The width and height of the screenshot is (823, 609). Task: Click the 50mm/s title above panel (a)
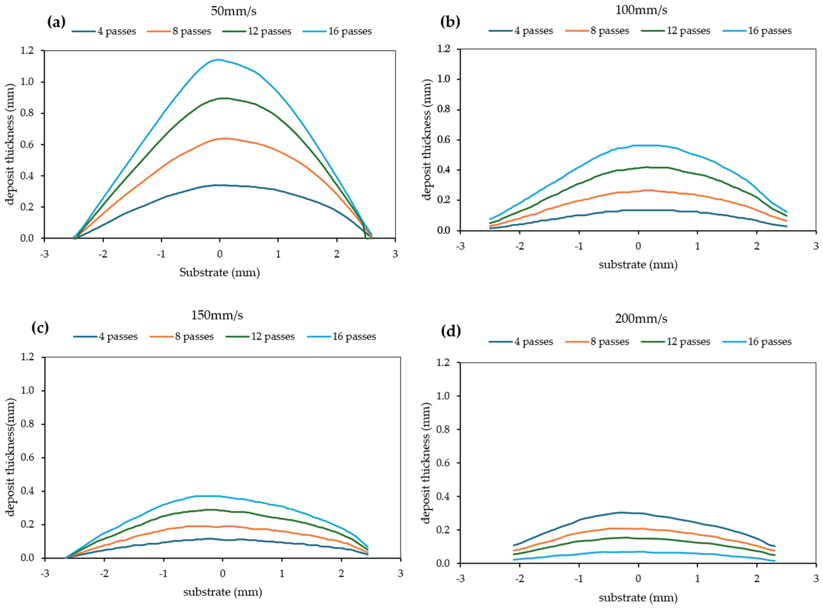click(x=234, y=11)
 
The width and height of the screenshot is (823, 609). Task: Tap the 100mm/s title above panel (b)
click(x=641, y=10)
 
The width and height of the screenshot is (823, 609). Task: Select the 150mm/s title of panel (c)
click(x=217, y=315)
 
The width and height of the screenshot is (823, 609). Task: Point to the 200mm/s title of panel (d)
click(x=641, y=318)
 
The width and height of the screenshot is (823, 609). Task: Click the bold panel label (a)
click(x=56, y=22)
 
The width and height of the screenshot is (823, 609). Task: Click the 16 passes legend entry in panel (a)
click(x=337, y=31)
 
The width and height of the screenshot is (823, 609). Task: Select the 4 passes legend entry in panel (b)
click(x=521, y=31)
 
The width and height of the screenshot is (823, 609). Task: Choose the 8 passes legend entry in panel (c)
click(x=182, y=336)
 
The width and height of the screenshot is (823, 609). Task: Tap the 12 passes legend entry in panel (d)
click(x=675, y=341)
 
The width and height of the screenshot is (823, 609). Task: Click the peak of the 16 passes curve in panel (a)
click(x=219, y=60)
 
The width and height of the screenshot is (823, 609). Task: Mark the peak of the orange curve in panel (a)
click(x=224, y=139)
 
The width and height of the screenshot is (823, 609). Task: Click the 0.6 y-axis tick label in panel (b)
click(x=443, y=140)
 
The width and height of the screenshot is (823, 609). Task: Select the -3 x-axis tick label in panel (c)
click(x=45, y=573)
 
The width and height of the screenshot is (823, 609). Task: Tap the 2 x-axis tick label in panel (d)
click(x=757, y=578)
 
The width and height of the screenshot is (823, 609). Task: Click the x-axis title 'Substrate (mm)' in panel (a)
click(x=220, y=273)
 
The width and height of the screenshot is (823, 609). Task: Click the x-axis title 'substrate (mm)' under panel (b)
click(x=638, y=265)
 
